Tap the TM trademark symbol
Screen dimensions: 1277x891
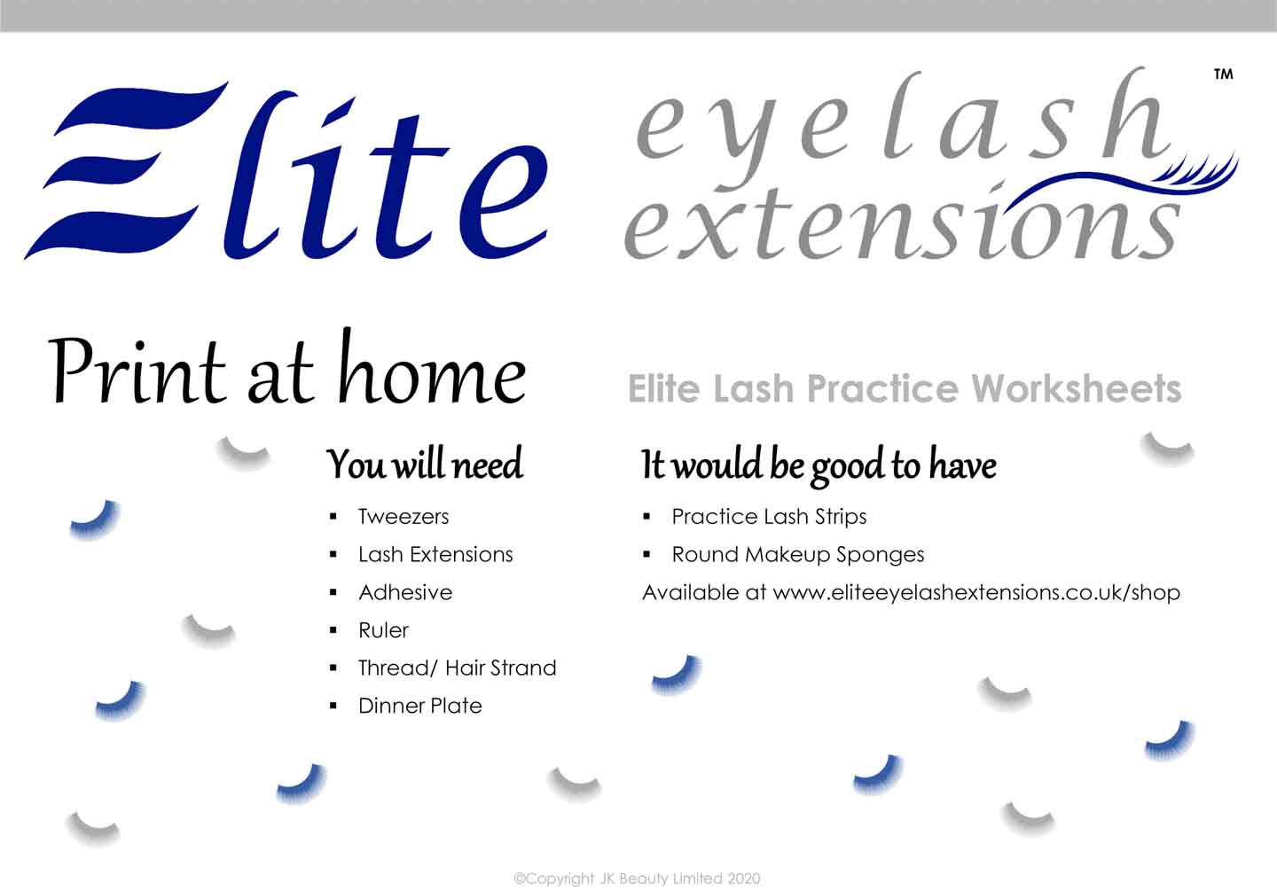tap(1224, 74)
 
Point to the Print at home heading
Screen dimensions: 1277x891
tap(286, 368)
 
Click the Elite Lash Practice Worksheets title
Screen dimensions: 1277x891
tap(905, 388)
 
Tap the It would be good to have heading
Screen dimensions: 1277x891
tap(819, 465)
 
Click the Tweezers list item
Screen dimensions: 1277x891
tap(403, 517)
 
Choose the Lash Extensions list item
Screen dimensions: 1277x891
tap(435, 554)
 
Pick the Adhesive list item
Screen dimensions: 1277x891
tap(405, 592)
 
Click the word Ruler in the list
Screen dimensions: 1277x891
tap(384, 630)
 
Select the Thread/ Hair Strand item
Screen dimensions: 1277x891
tap(458, 668)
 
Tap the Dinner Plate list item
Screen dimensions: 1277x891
tap(420, 706)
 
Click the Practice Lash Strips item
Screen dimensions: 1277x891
tap(769, 517)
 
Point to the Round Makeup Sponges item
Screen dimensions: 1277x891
tap(798, 555)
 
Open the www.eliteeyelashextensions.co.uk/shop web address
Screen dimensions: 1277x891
tap(976, 593)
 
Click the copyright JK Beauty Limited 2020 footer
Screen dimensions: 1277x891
tap(637, 879)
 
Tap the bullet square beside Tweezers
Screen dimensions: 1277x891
tap(333, 517)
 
